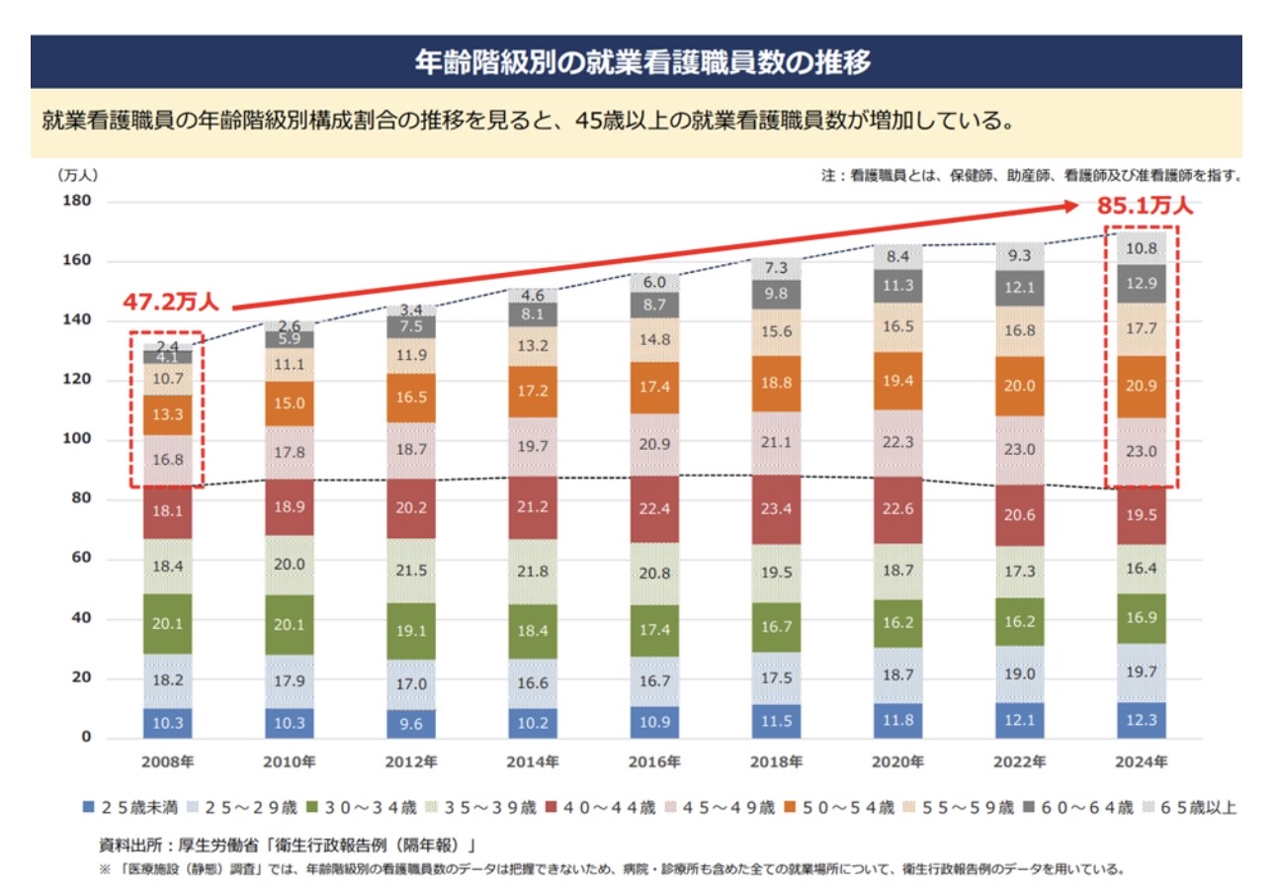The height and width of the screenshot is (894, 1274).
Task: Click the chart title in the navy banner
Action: click(x=642, y=63)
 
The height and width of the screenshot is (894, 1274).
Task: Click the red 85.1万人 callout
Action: click(x=1145, y=208)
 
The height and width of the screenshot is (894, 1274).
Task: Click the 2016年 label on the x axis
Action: click(x=654, y=762)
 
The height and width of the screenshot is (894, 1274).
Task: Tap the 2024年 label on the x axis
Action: click(x=1141, y=762)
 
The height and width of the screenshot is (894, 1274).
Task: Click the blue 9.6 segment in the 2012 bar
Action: click(x=410, y=723)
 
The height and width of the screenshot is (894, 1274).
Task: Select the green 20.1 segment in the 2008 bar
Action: click(x=168, y=623)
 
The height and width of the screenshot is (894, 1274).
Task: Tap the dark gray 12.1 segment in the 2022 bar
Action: click(x=1019, y=287)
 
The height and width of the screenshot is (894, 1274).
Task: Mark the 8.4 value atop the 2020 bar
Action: click(x=897, y=257)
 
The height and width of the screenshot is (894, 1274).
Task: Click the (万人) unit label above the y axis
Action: click(x=76, y=176)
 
